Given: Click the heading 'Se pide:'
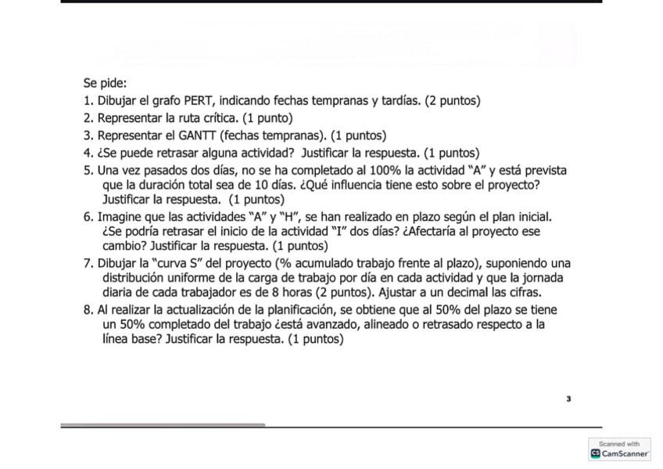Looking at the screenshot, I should click(x=105, y=83).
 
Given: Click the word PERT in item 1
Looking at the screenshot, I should click(x=199, y=100).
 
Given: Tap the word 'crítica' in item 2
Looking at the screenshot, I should click(x=221, y=118).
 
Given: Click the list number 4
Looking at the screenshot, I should click(x=88, y=153).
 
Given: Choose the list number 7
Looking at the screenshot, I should click(x=88, y=262).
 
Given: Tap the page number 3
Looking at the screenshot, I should click(x=568, y=399).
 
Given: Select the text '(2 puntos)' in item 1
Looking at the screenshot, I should click(x=453, y=100).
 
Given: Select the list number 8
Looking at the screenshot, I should click(x=88, y=309).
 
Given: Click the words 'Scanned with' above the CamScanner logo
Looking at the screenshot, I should click(x=619, y=444).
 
